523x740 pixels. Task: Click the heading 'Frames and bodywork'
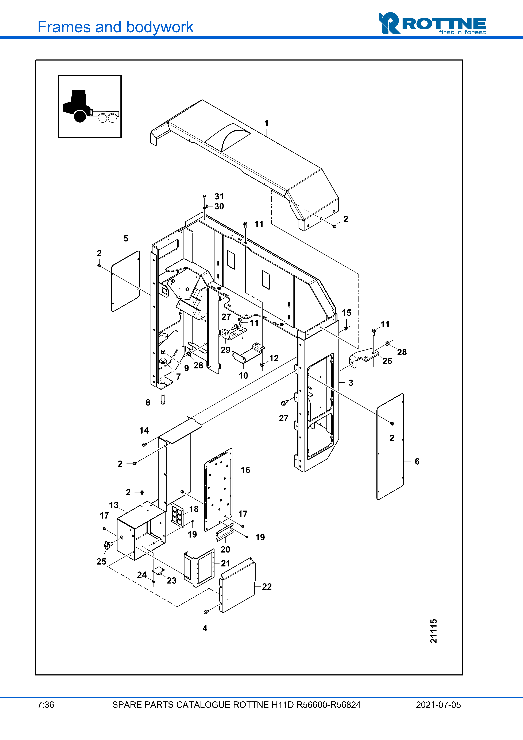tap(115, 27)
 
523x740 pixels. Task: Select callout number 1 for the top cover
tap(267, 123)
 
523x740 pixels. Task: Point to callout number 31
tap(219, 196)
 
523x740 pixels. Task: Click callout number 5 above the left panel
tap(126, 239)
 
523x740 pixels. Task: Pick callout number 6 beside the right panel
tap(417, 462)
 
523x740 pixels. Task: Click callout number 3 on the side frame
tap(351, 383)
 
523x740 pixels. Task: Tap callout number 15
tap(346, 313)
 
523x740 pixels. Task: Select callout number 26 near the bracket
tap(387, 361)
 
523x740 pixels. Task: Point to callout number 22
tap(267, 587)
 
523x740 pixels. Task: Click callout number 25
tap(101, 561)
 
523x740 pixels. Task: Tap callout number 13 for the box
tap(114, 505)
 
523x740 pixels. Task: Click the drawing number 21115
tap(434, 631)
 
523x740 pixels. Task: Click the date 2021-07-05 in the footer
tap(438, 705)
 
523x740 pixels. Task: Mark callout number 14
tap(144, 431)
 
